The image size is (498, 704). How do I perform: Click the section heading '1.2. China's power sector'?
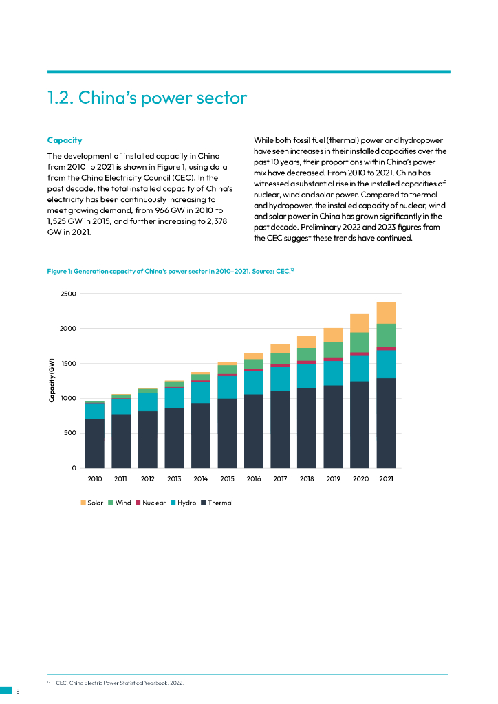point(147,98)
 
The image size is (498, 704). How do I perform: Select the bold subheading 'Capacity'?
point(65,140)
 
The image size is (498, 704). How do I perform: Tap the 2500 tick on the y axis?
point(68,294)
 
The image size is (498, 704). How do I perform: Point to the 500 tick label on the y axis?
point(70,433)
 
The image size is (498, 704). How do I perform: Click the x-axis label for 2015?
point(227,478)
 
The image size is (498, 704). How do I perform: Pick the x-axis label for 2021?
point(386,478)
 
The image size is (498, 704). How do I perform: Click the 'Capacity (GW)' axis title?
point(52,381)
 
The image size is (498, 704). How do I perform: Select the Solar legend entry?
point(91,503)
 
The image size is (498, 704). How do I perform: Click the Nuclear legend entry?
point(149,503)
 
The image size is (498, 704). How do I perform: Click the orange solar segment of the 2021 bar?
point(386,312)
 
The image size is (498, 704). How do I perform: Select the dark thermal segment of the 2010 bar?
point(95,443)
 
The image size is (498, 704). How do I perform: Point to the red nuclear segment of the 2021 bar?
point(386,349)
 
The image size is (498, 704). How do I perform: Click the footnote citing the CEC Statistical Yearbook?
point(119,683)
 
